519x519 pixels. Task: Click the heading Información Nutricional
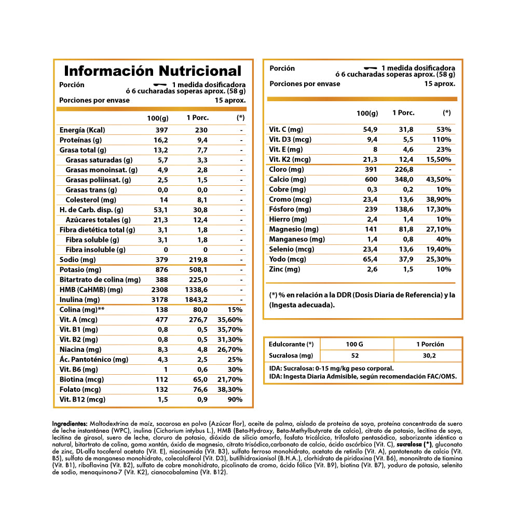153,71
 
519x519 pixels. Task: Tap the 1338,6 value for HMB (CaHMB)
197,290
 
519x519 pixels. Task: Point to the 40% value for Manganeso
444,239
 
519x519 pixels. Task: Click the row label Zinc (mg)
284,269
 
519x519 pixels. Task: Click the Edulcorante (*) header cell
291,344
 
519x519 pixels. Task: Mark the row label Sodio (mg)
78,259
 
